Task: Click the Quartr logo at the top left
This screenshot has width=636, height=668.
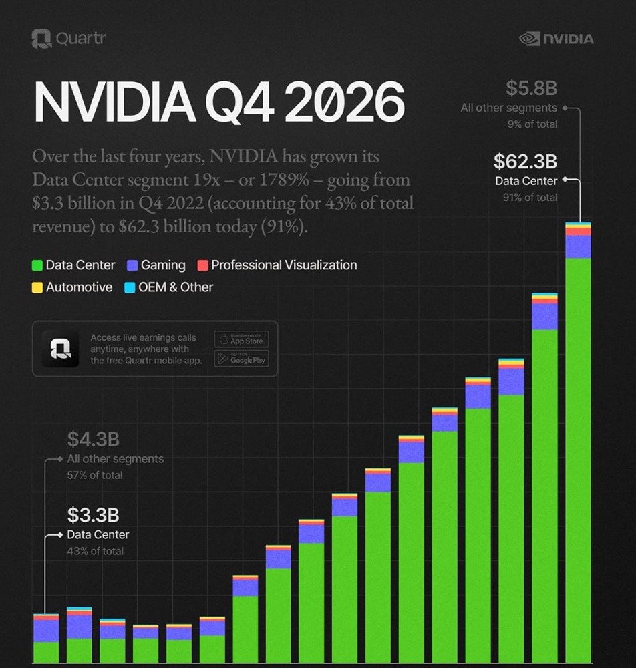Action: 68,39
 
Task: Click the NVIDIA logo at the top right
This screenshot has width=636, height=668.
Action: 556,39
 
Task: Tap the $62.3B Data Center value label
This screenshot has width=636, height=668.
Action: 525,162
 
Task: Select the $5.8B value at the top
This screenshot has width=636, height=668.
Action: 530,88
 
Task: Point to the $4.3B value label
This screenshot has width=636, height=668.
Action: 94,440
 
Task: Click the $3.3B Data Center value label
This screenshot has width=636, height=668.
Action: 94,515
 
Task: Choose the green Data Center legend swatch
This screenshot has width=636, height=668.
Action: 38,265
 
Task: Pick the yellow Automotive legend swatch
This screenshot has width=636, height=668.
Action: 38,287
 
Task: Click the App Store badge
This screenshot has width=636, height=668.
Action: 241,339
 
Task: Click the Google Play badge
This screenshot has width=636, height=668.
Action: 241,359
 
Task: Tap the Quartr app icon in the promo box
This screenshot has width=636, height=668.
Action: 60,349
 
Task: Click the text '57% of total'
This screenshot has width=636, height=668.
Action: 95,475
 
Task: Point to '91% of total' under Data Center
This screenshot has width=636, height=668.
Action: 530,198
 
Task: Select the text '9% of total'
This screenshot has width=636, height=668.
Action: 532,124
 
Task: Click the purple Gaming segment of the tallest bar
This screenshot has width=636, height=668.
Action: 578,246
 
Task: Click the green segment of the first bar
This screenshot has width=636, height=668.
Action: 46,651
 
